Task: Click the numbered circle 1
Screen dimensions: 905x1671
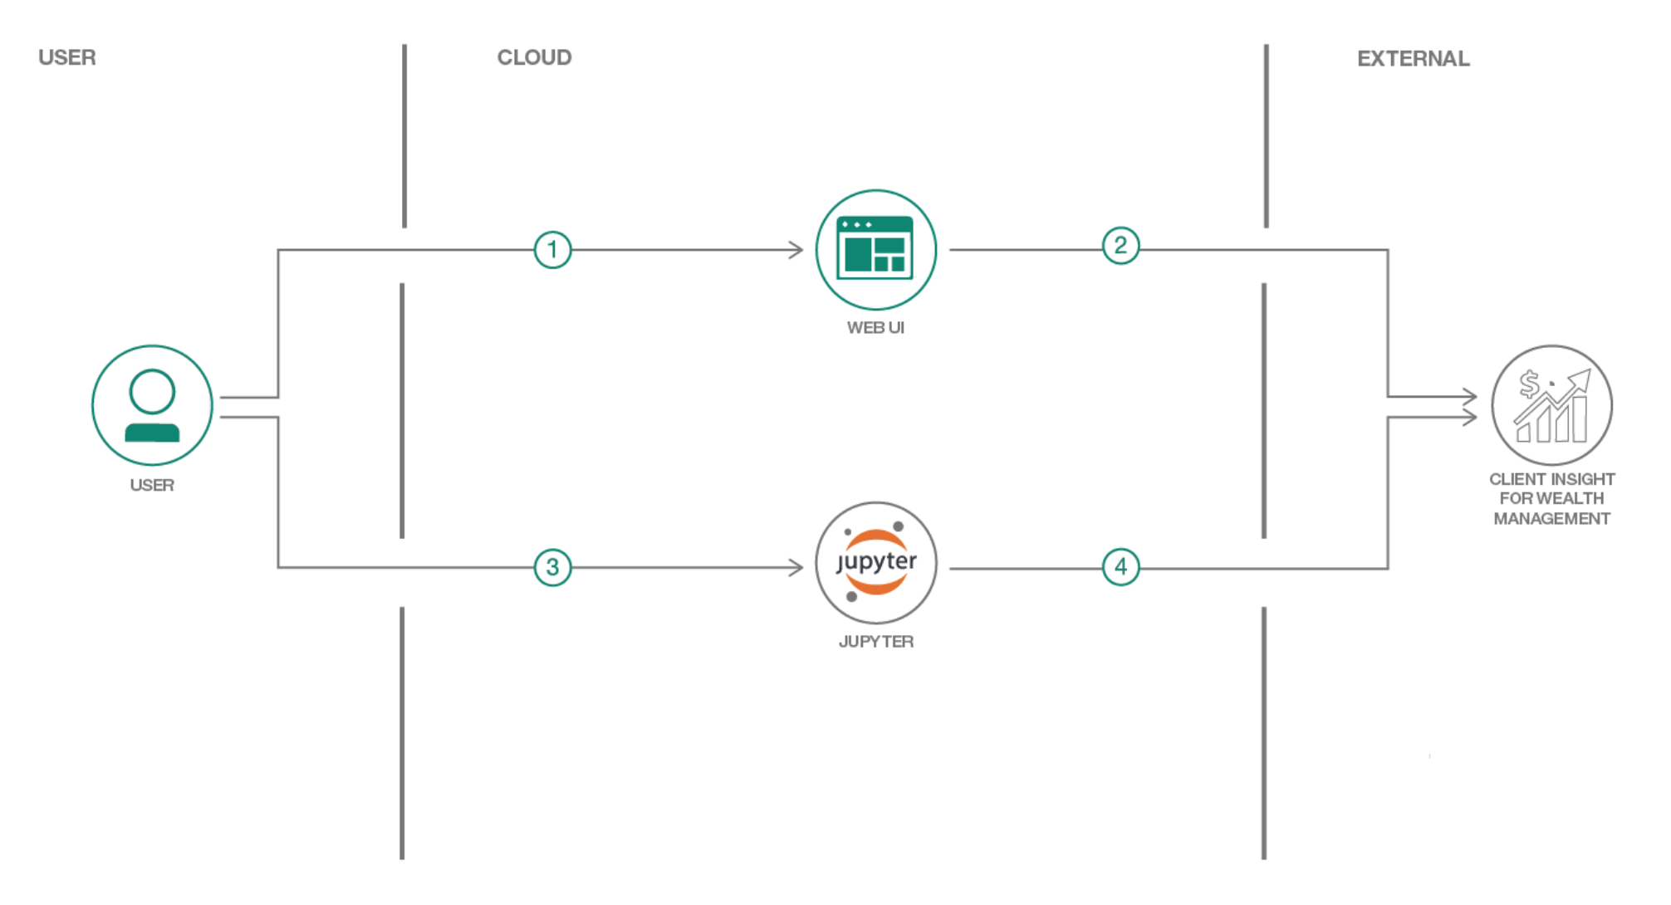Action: [552, 249]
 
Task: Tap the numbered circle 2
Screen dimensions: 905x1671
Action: [1120, 246]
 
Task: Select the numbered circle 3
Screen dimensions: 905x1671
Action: [552, 568]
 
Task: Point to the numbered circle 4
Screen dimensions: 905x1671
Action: [1120, 567]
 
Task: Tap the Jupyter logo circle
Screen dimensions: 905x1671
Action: [876, 563]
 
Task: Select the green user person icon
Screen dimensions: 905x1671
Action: [152, 405]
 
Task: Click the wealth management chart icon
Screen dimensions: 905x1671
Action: [1551, 405]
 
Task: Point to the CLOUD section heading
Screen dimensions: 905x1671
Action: [534, 57]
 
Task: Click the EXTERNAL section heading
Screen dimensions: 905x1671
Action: [1413, 59]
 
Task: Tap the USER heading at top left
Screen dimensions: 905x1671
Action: [67, 57]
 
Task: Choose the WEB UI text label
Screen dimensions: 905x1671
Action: [875, 328]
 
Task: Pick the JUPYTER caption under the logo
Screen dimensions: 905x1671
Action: [876, 642]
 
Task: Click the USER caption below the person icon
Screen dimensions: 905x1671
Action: [152, 486]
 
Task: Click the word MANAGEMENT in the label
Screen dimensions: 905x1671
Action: [1551, 519]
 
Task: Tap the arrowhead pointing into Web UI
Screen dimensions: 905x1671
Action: [796, 249]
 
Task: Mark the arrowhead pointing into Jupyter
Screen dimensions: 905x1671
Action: [796, 568]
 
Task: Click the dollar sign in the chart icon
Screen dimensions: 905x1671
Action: [1529, 384]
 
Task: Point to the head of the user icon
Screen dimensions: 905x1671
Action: [152, 391]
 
